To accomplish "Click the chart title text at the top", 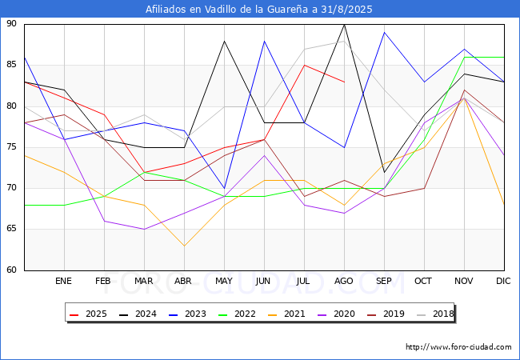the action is tap(258, 9).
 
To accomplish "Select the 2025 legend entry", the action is tap(88, 314).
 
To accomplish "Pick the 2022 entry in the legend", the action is tap(237, 314).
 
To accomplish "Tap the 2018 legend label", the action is tap(435, 314).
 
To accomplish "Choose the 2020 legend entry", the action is tap(336, 314).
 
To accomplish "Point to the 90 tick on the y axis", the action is tap(11, 23).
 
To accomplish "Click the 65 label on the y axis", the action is tap(11, 229).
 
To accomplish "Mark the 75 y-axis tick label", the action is tap(11, 147).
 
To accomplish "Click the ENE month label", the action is tap(63, 281).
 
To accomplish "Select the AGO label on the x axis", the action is tap(343, 281).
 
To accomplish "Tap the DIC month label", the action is tap(503, 281).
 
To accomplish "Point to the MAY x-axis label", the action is tap(224, 281).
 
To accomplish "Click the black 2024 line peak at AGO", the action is tap(345, 25).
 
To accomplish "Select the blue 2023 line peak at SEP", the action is tap(384, 33).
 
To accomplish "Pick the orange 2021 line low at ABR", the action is tap(184, 246).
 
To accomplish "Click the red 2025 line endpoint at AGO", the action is tap(345, 82).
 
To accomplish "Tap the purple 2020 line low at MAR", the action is tap(144, 229).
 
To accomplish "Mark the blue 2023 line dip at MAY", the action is tap(225, 188).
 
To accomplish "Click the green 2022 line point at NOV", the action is tap(464, 58).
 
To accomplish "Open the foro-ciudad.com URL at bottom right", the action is tap(458, 347).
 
